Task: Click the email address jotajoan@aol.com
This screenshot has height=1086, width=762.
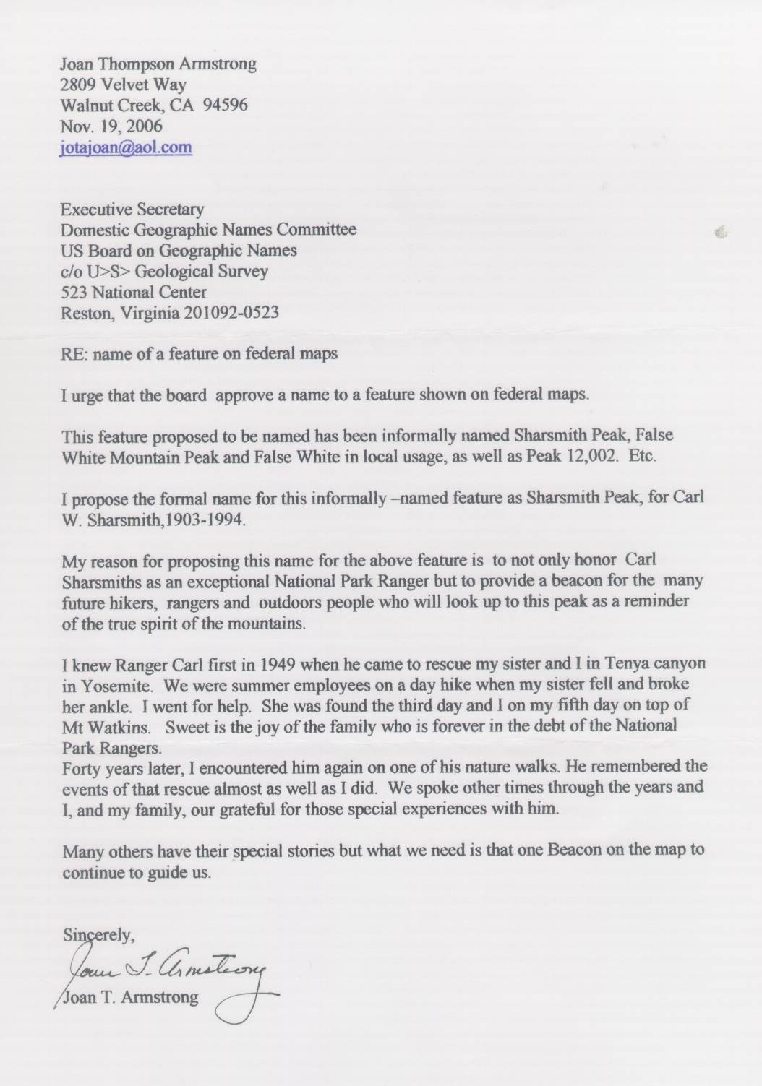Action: [x=127, y=147]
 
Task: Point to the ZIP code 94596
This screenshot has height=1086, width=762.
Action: [x=226, y=105]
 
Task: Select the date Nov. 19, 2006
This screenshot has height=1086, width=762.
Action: [x=111, y=126]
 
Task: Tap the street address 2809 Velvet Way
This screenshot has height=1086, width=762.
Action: [x=123, y=85]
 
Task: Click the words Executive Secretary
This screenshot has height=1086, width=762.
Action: [x=132, y=210]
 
